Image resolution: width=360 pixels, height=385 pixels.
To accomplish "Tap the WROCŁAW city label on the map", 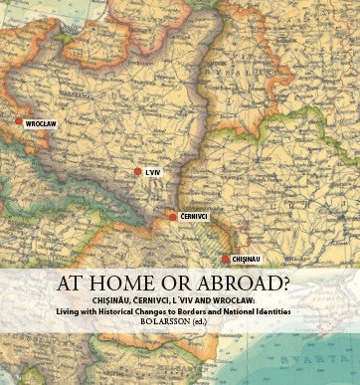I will pyautogui.click(x=37, y=126).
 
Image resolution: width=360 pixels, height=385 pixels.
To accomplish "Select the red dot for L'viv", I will pyautogui.click(x=137, y=172).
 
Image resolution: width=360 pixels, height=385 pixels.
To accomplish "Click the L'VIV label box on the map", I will pyautogui.click(x=152, y=173).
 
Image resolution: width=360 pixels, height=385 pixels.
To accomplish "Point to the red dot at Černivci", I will pyautogui.click(x=172, y=216).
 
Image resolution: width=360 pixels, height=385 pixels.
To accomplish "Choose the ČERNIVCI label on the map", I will pyautogui.click(x=194, y=216).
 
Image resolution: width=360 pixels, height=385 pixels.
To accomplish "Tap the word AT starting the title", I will pyautogui.click(x=87, y=282).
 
